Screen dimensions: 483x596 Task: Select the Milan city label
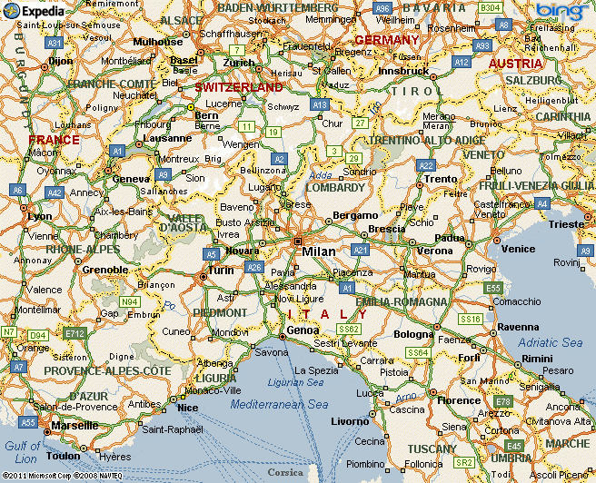pyautogui.click(x=319, y=251)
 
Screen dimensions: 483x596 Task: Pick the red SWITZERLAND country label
pyautogui.click(x=239, y=88)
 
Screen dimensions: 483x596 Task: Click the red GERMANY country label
pyautogui.click(x=387, y=41)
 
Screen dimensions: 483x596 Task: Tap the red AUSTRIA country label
pyautogui.click(x=516, y=64)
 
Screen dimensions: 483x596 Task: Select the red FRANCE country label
pyautogui.click(x=54, y=140)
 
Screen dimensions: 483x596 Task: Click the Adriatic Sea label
pyautogui.click(x=550, y=342)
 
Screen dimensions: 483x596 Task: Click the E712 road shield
pyautogui.click(x=75, y=333)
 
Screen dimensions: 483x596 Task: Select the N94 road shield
pyautogui.click(x=132, y=301)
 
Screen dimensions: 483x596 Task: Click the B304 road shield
pyautogui.click(x=490, y=8)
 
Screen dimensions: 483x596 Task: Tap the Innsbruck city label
pyautogui.click(x=403, y=71)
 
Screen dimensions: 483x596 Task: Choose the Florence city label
pyautogui.click(x=459, y=400)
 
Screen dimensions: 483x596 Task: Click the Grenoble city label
pyautogui.click(x=105, y=270)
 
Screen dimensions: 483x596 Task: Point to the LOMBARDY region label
pyautogui.click(x=335, y=188)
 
